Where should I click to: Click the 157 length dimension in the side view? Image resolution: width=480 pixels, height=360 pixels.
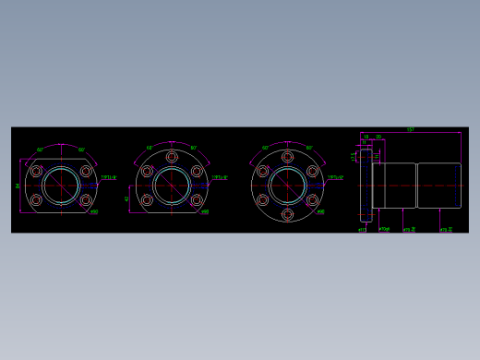coord(410,130)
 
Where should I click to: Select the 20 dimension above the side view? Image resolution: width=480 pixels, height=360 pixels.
coord(378,137)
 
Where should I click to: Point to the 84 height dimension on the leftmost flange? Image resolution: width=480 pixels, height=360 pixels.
coord(18,186)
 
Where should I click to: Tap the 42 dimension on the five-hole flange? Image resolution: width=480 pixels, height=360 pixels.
coord(127,198)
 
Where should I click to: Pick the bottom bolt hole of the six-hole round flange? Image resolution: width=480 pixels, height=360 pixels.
coord(287,214)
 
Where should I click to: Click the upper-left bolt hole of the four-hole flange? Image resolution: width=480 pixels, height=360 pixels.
coord(37,171)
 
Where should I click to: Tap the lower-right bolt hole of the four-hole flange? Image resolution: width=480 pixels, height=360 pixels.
coord(86,199)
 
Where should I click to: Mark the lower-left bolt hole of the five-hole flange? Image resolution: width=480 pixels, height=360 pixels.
coord(147,199)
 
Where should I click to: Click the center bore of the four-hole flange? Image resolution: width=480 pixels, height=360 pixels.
coord(61,185)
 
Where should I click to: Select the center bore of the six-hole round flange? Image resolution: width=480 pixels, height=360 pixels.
coord(287,185)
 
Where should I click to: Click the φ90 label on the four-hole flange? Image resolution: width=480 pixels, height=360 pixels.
coord(93,212)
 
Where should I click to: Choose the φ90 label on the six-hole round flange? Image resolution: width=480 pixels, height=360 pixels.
coord(320,212)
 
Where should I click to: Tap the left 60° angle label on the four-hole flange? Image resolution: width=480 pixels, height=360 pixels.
coord(41,150)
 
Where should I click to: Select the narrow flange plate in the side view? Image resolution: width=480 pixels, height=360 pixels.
coord(366,185)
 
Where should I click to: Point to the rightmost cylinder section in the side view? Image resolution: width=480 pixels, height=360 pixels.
coord(438,186)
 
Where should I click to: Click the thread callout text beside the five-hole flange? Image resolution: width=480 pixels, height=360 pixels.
coord(220,177)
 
